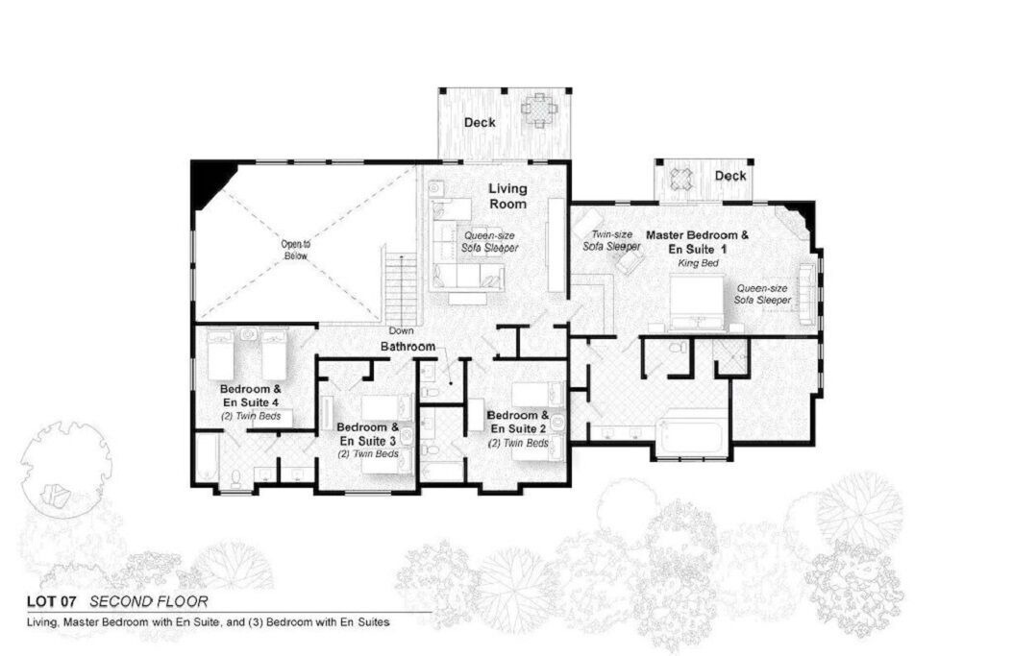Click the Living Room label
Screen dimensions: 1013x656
pos(507,196)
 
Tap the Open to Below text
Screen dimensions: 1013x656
pos(295,250)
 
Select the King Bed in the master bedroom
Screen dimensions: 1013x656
pos(697,303)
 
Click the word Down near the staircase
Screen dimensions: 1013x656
pos(401,330)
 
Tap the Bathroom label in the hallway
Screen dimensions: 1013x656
pos(408,347)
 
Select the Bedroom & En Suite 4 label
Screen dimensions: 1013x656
pos(251,396)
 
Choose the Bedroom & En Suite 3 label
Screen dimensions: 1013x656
pos(367,434)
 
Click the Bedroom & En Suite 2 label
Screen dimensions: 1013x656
pos(518,422)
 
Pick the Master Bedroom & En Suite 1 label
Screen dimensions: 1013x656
pos(697,242)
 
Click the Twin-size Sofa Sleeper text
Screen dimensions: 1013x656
pos(612,240)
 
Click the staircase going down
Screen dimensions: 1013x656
pos(401,285)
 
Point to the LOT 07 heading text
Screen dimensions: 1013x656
pos(52,602)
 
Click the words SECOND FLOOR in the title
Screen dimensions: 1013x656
pos(149,602)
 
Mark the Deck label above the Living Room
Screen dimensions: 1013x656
pos(480,122)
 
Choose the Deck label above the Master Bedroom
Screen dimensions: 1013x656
pos(730,176)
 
